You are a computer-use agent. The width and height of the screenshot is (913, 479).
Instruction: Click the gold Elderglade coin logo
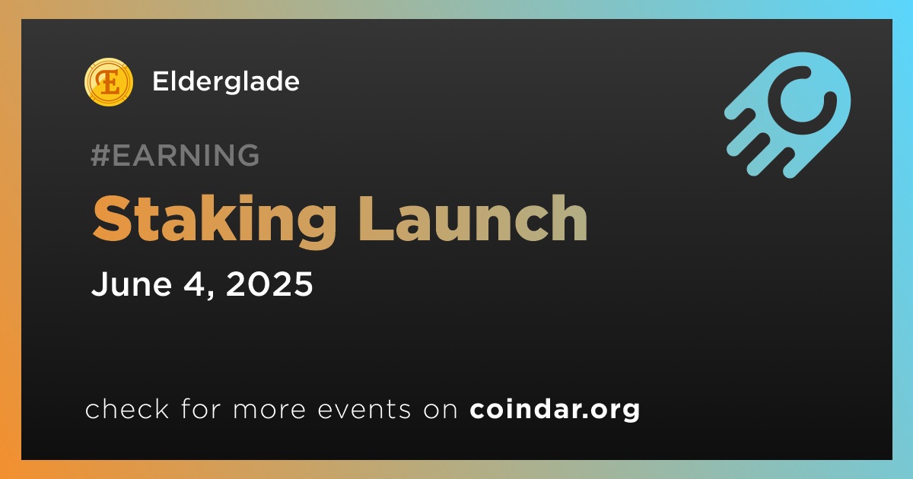pyautogui.click(x=109, y=82)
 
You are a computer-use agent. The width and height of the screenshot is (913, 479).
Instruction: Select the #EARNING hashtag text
pyautogui.click(x=175, y=155)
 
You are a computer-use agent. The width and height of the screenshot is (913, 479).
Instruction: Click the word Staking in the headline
pyautogui.click(x=215, y=220)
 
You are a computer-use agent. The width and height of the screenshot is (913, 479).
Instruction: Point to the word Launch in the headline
pyautogui.click(x=472, y=218)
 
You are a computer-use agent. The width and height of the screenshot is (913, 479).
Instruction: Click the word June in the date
pyautogui.click(x=132, y=284)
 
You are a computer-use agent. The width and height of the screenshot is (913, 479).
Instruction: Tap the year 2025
pyautogui.click(x=269, y=284)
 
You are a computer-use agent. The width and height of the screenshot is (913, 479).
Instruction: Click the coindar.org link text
pyautogui.click(x=555, y=410)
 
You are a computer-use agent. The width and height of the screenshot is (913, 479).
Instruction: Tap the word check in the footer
pyautogui.click(x=127, y=408)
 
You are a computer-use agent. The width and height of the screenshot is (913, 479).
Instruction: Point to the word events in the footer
pyautogui.click(x=364, y=409)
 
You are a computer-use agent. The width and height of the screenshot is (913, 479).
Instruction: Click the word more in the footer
pyautogui.click(x=269, y=410)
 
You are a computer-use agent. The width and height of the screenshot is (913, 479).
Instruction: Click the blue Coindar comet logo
pyautogui.click(x=787, y=115)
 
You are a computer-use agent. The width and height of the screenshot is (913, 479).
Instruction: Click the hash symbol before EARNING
pyautogui.click(x=100, y=155)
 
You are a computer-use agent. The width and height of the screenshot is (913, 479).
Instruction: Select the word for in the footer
pyautogui.click(x=201, y=408)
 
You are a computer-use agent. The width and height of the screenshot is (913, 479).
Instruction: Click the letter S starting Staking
pyautogui.click(x=111, y=218)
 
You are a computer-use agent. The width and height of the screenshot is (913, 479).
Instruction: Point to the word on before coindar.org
pyautogui.click(x=441, y=410)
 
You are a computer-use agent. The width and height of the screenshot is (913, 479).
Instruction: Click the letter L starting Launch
pyautogui.click(x=374, y=218)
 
